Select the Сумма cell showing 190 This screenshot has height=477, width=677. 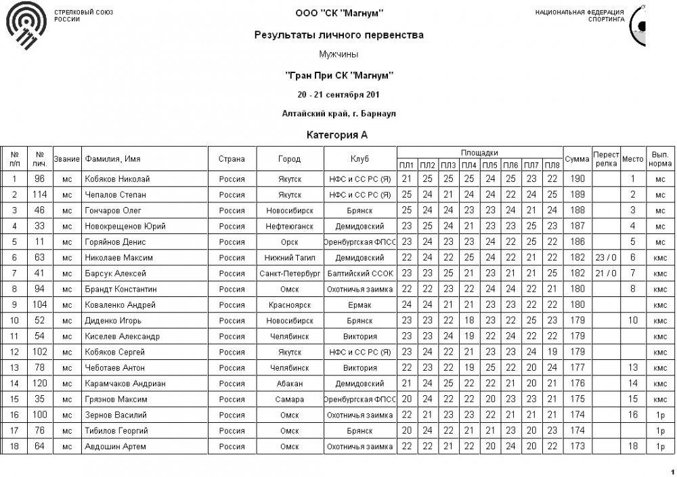click(577, 179)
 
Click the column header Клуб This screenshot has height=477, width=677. click(359, 159)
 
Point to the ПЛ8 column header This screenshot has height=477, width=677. click(552, 165)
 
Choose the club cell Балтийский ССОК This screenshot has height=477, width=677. click(359, 273)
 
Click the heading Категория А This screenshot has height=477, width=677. click(337, 135)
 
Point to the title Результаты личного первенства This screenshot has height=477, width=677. click(338, 35)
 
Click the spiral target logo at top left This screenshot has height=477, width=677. click(27, 28)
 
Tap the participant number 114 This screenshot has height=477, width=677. click(40, 195)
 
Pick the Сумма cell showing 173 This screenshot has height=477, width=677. click(577, 447)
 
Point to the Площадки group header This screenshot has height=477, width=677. click(479, 153)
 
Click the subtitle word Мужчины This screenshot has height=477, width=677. click(338, 53)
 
